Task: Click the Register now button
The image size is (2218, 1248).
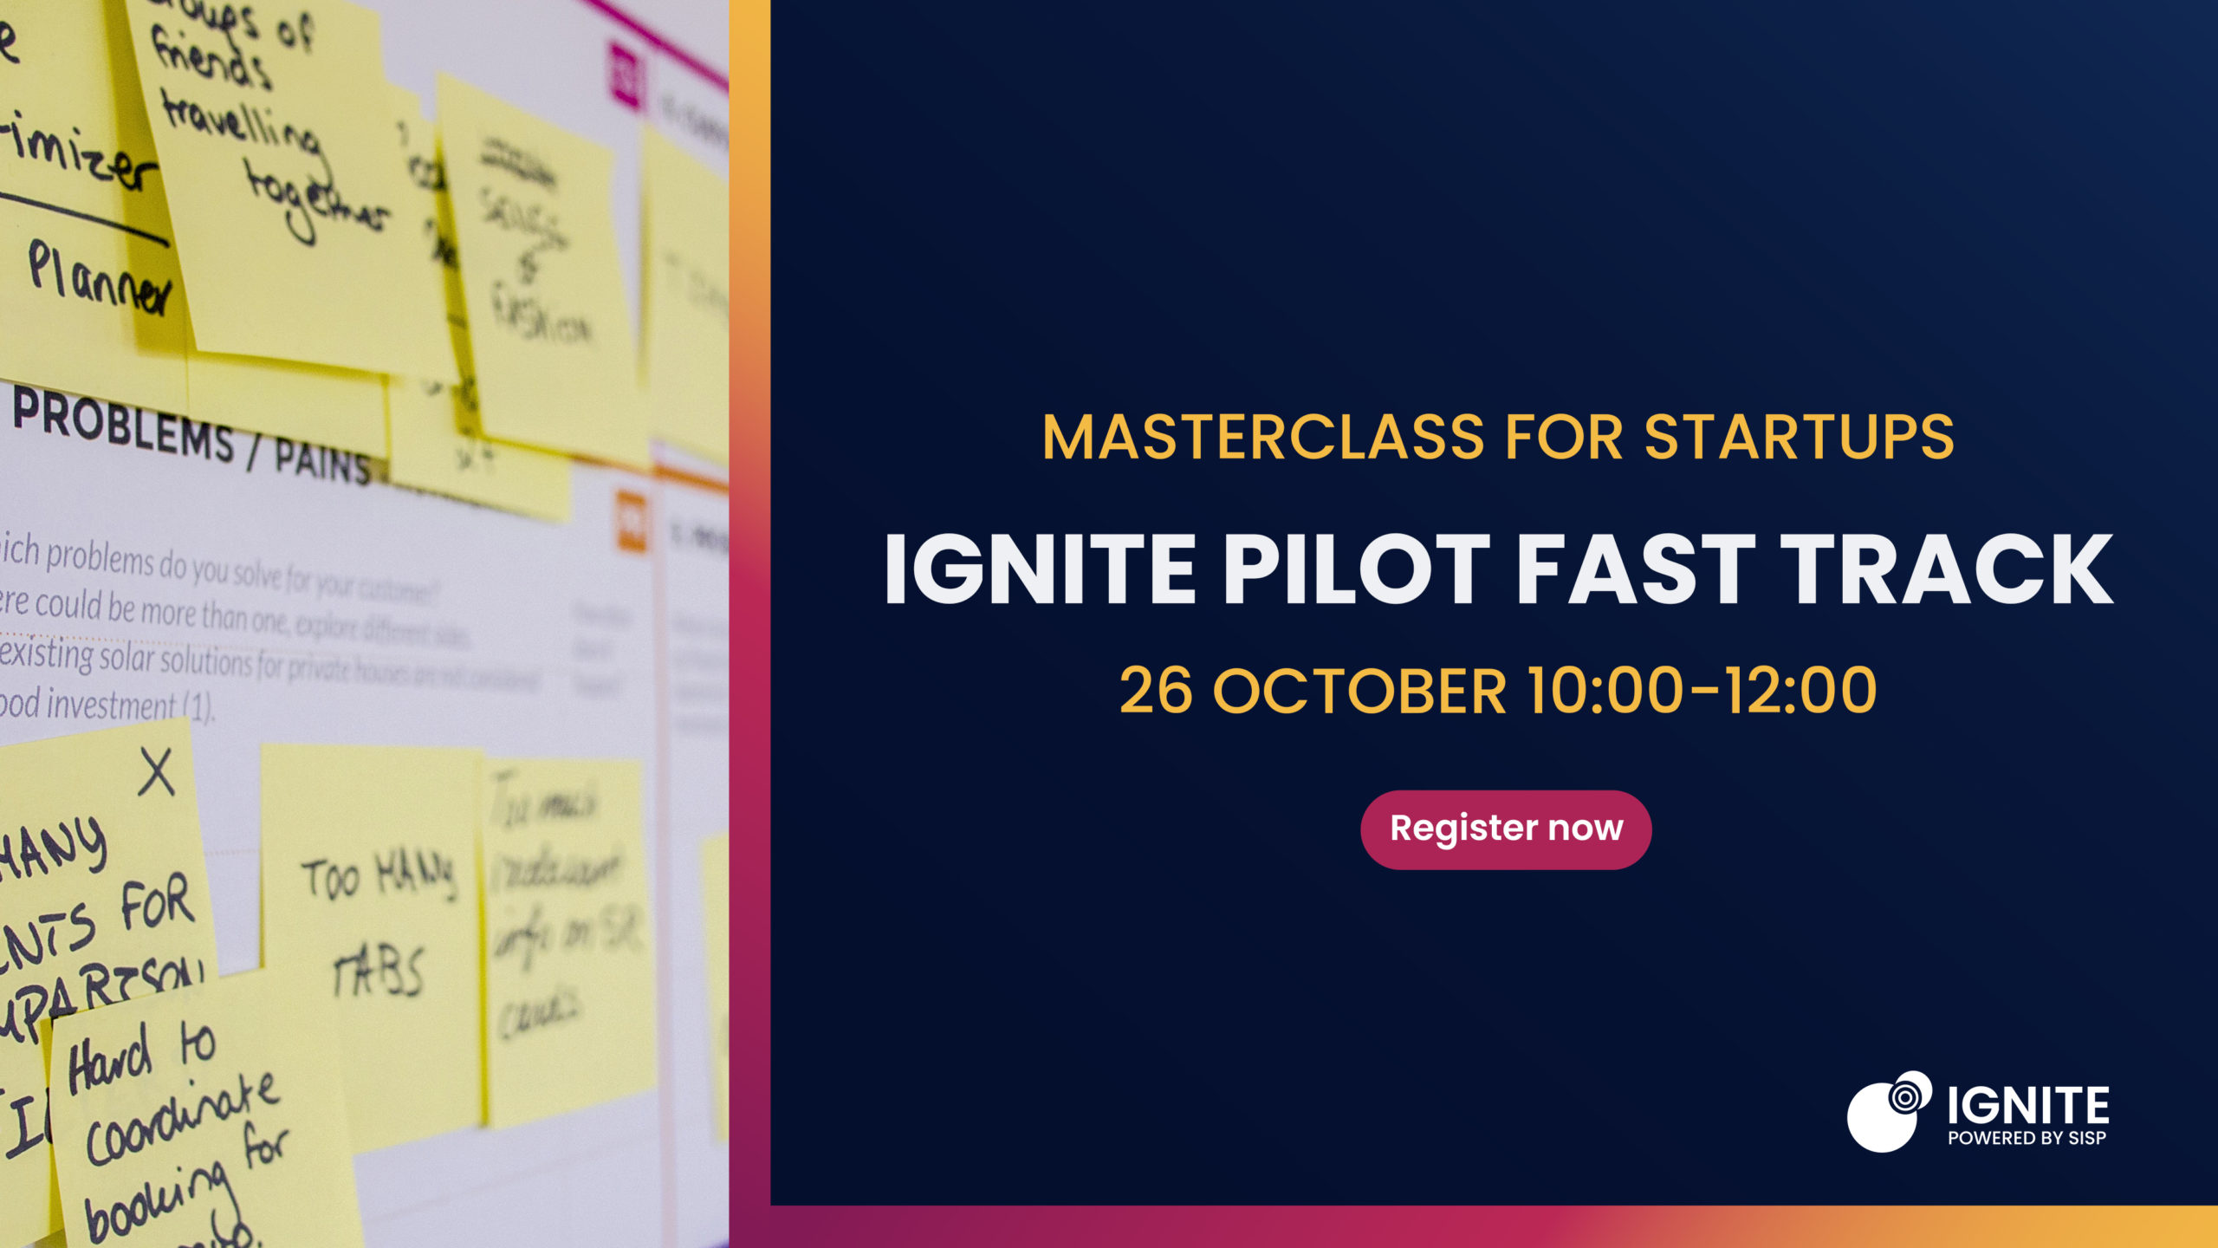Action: click(x=1506, y=829)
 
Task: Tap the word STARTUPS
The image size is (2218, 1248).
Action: click(x=1800, y=437)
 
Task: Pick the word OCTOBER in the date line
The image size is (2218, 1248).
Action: click(x=1360, y=692)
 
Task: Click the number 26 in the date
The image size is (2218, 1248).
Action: click(x=1156, y=692)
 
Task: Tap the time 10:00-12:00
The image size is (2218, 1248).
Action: click(x=1702, y=692)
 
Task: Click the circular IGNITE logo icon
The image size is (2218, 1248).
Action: click(x=1889, y=1112)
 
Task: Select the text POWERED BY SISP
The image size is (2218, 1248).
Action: click(x=2027, y=1138)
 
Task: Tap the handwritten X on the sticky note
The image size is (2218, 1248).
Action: click(x=157, y=772)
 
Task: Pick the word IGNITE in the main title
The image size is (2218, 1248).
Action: click(x=1040, y=569)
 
